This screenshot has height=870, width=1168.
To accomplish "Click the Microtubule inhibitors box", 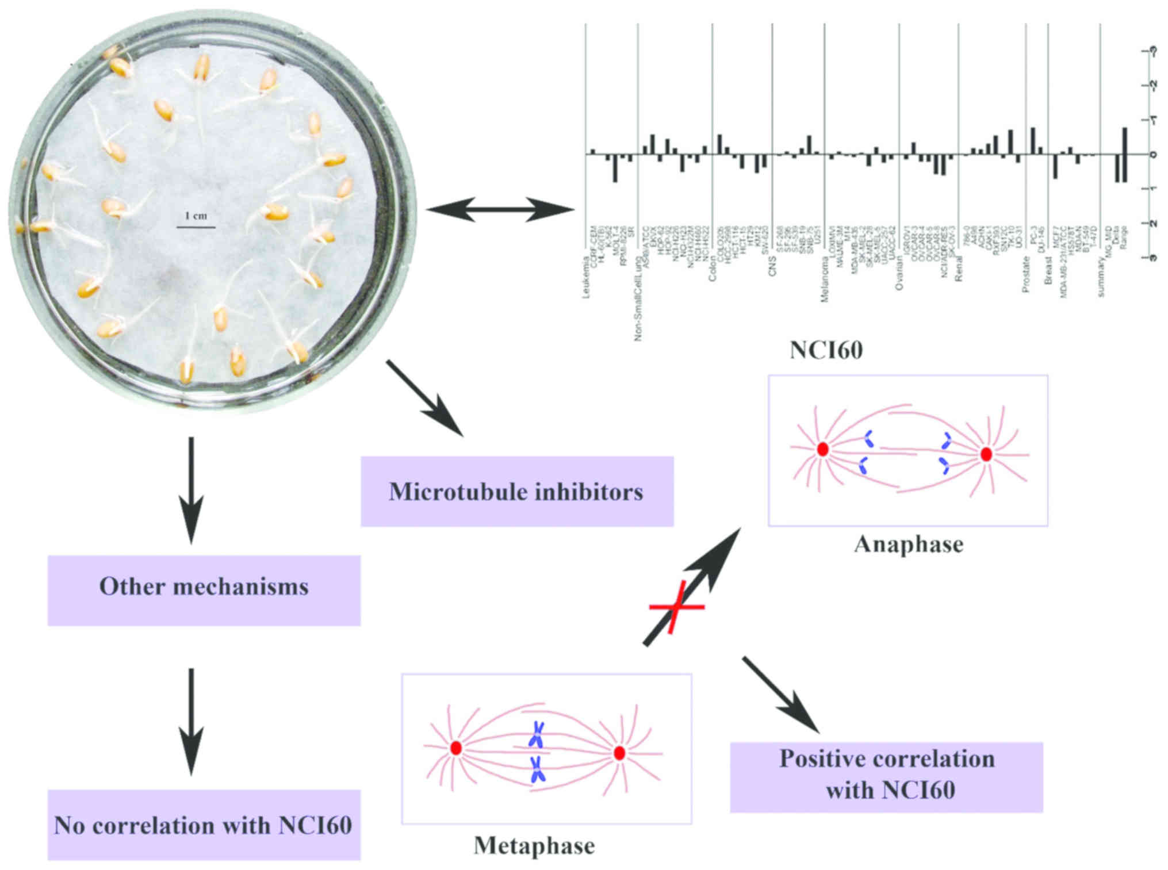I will (x=516, y=492).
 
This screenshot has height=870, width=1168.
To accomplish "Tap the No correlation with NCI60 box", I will (x=204, y=825).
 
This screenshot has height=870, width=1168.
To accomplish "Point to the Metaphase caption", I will (x=534, y=845).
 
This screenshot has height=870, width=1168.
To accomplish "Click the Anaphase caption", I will (x=908, y=544).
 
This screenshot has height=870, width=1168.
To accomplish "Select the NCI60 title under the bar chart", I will (x=826, y=350).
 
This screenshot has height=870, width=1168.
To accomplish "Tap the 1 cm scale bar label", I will (x=196, y=216).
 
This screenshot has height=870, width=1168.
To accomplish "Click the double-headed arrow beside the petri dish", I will (x=500, y=209).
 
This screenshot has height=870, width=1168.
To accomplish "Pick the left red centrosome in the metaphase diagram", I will (x=456, y=748).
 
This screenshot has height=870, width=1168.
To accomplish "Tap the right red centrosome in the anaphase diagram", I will (x=986, y=454).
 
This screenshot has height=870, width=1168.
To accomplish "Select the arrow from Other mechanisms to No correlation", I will (x=191, y=722).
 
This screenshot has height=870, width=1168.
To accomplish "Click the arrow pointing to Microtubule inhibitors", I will (x=426, y=399).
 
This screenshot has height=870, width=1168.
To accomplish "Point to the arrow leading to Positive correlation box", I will (x=782, y=696).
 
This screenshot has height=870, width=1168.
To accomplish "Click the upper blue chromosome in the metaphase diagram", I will (x=537, y=734).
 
